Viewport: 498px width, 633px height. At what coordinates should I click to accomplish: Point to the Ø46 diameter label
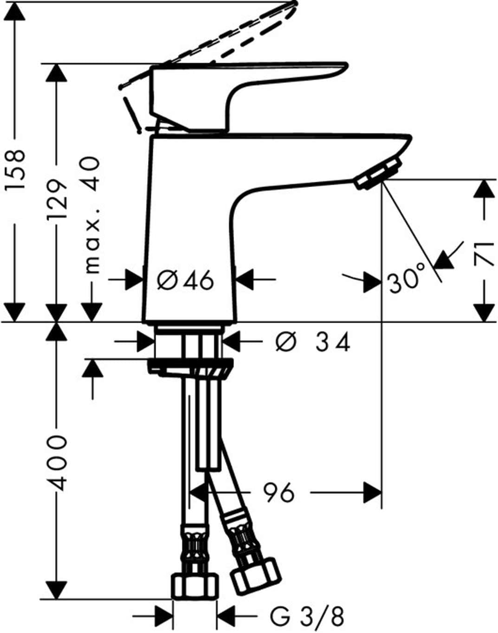[185, 280]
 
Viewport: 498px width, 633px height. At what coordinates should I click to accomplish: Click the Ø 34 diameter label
[313, 342]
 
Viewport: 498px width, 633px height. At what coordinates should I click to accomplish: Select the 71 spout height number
[484, 254]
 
